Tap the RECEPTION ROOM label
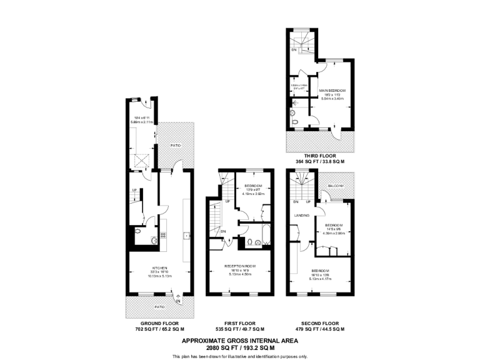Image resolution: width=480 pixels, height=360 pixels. pyautogui.click(x=239, y=265)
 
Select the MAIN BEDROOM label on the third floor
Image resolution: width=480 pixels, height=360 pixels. pyautogui.click(x=332, y=91)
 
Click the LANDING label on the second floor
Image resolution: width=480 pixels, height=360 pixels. pyautogui.click(x=301, y=216)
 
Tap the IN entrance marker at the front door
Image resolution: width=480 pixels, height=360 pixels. pyautogui.click(x=178, y=301)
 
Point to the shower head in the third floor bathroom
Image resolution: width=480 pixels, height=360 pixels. pyautogui.click(x=293, y=106)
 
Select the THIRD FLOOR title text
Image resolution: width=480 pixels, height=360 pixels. pyautogui.click(x=319, y=156)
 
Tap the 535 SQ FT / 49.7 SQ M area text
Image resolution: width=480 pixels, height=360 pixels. pyautogui.click(x=239, y=329)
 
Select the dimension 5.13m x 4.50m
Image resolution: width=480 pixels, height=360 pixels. pyautogui.click(x=239, y=274)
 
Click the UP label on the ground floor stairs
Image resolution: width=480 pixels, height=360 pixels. pyautogui.click(x=134, y=191)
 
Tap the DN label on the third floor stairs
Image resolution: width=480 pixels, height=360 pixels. pyautogui.click(x=294, y=50)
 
